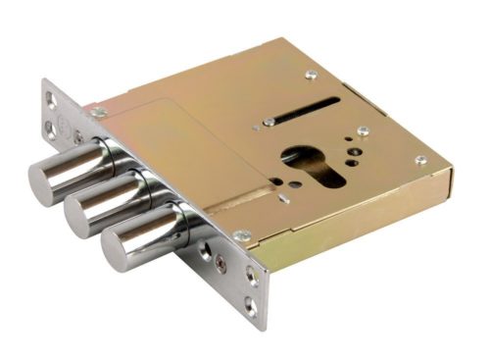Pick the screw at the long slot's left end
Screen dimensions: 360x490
(269, 123)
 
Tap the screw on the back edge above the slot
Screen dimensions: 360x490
(311, 75)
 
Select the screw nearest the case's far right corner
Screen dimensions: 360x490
(420, 160)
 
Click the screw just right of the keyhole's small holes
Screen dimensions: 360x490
(363, 130)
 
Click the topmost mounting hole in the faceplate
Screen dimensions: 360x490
(50, 96)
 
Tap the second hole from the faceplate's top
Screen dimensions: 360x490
(52, 125)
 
